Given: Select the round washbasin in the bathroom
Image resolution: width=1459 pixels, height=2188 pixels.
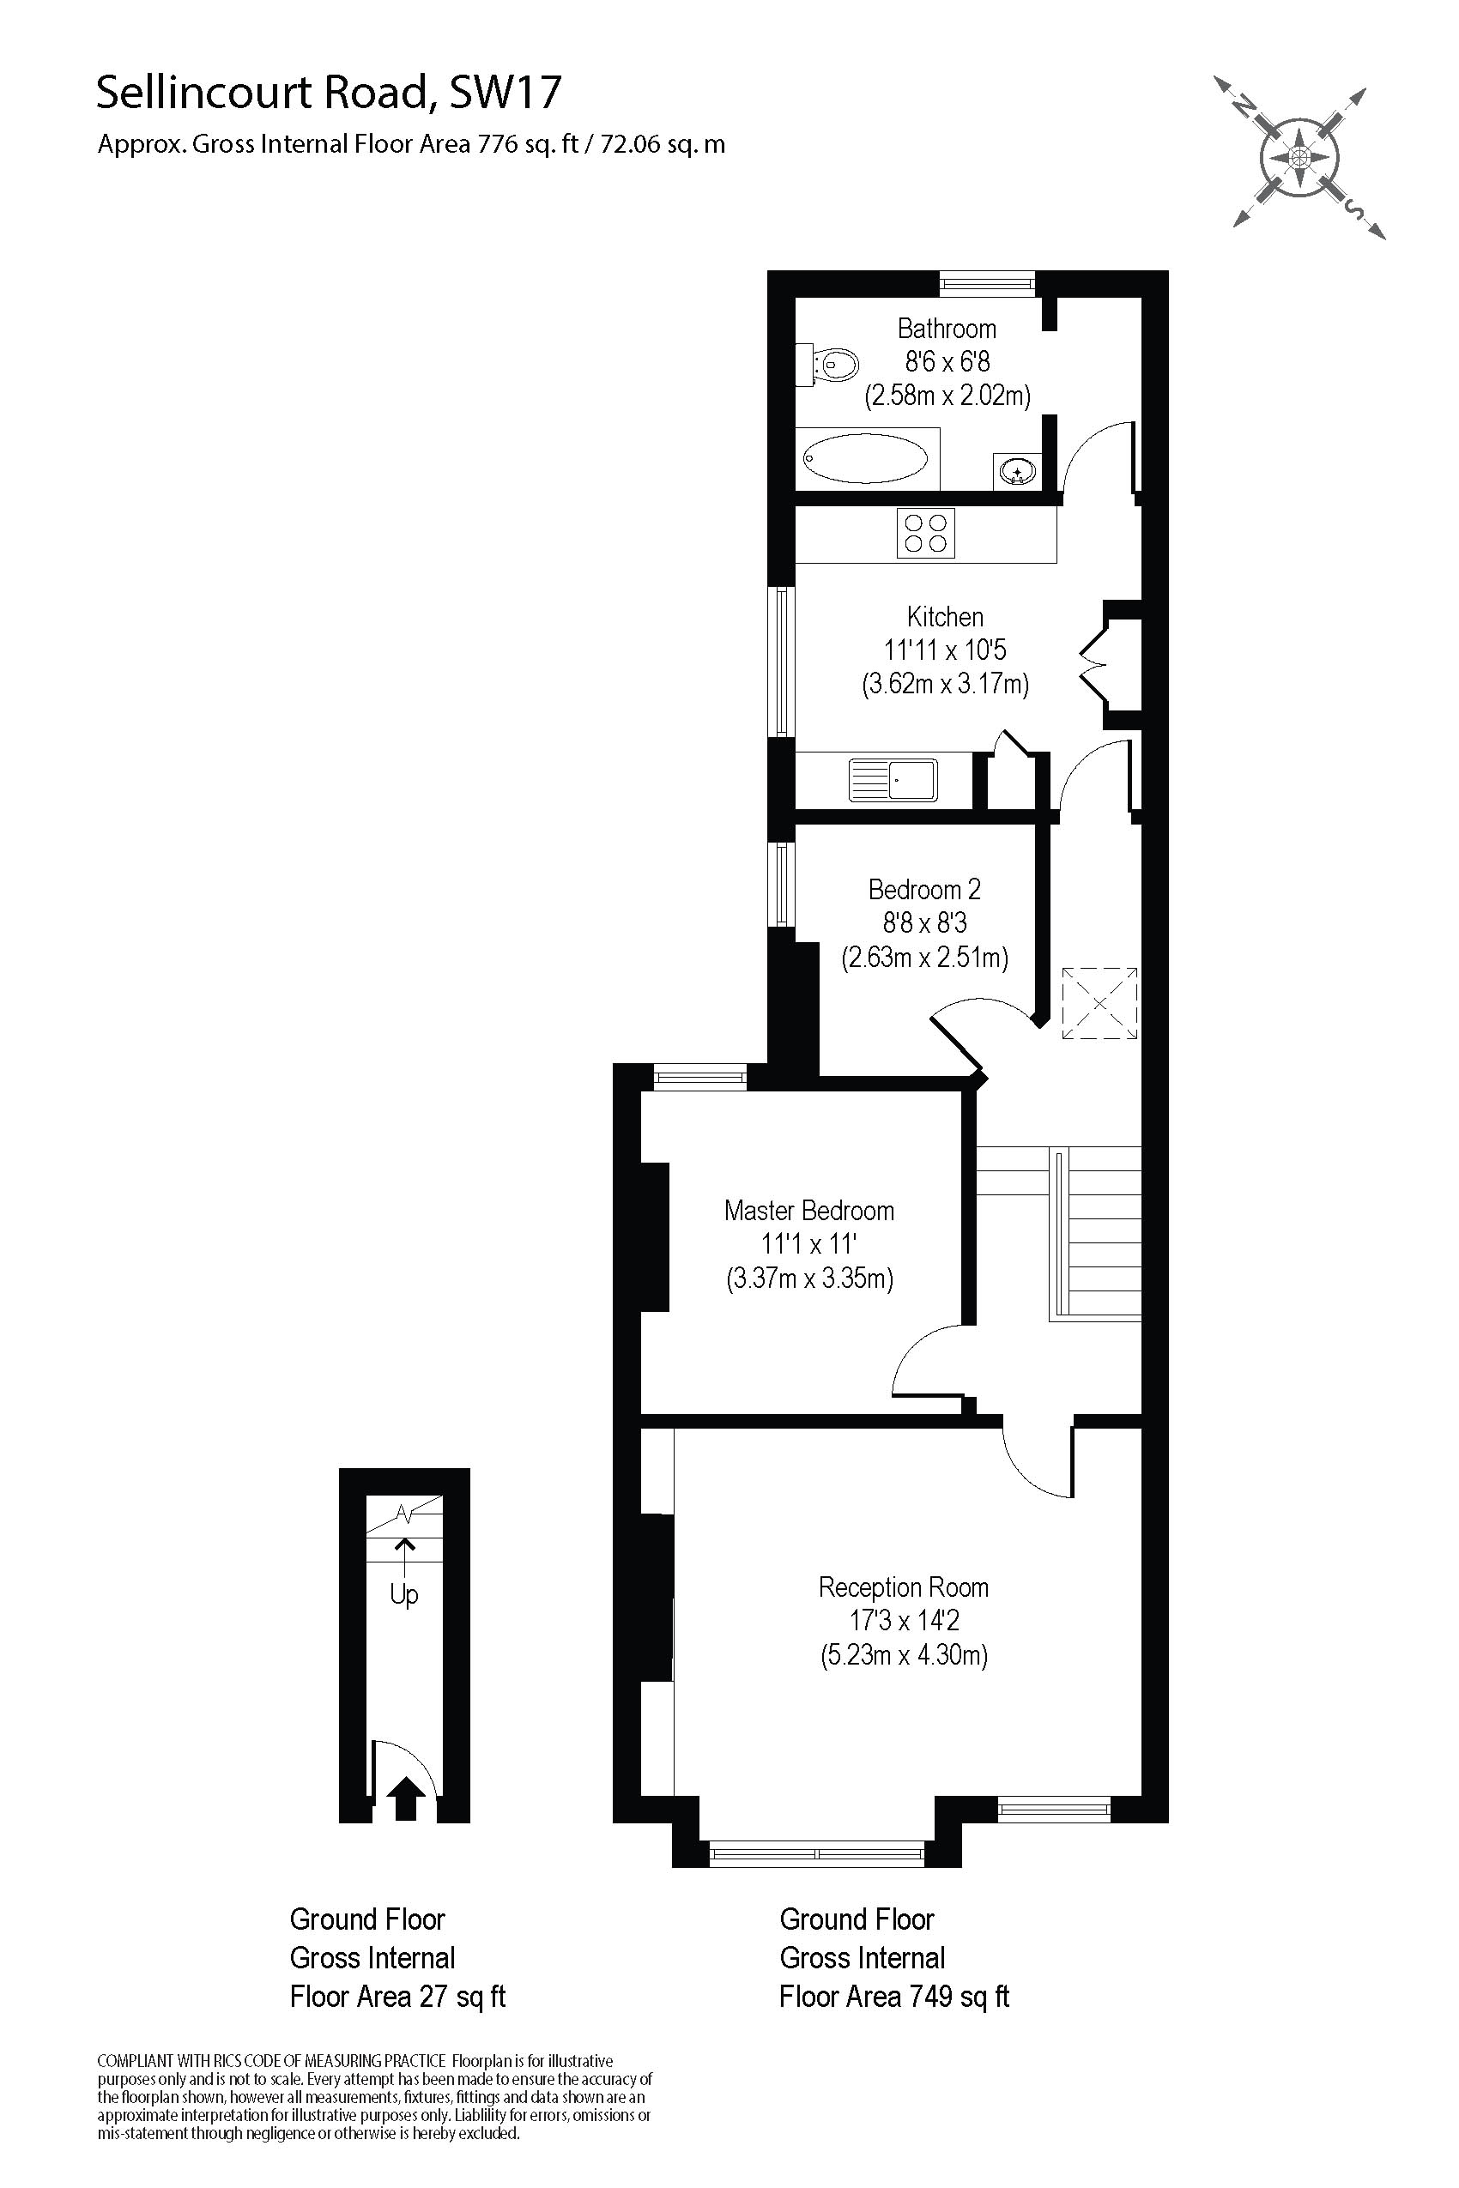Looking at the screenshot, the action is point(1016,472).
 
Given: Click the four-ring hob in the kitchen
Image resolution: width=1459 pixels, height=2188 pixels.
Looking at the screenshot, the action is point(926,533).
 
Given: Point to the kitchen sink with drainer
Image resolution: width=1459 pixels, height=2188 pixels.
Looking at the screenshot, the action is point(893,780).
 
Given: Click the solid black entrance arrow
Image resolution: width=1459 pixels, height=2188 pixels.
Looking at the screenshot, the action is point(405,1799).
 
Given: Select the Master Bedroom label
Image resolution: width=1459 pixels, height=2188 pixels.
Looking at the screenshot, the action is point(808,1211).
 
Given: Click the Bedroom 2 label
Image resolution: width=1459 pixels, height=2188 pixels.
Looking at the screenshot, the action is point(924,889).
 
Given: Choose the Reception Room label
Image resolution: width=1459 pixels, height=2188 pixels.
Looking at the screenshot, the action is point(904,1587).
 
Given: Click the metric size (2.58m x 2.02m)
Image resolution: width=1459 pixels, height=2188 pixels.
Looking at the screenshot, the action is point(947,396).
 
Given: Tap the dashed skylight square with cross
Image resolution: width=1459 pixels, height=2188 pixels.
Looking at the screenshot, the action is point(1100,1003).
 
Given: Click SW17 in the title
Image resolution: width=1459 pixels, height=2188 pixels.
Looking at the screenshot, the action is point(505,93).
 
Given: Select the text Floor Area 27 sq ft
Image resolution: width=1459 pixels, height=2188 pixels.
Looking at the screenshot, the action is point(397,1996).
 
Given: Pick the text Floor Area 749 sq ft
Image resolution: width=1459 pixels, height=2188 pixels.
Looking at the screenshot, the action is point(894,1996).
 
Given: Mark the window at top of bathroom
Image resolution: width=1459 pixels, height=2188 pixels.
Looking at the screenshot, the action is point(987,283).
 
